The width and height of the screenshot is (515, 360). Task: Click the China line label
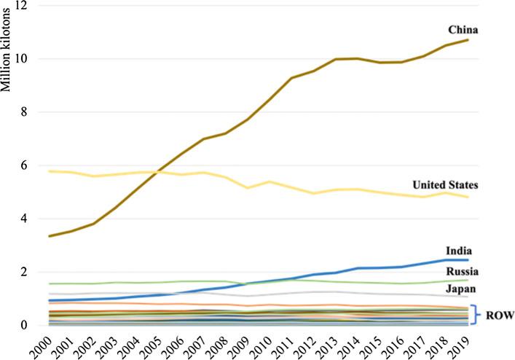[462, 30]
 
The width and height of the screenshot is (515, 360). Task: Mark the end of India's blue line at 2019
[466, 260]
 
